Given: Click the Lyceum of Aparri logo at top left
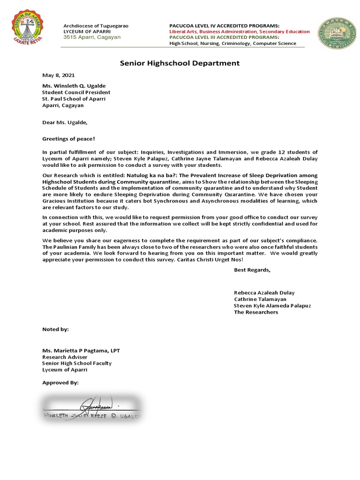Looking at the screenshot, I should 30,30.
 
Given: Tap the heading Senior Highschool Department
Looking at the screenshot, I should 180,63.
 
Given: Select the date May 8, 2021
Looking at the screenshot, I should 59,75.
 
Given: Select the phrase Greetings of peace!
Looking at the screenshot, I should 68,139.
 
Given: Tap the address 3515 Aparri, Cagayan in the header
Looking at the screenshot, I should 92,37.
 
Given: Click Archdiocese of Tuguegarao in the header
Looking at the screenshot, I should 96,25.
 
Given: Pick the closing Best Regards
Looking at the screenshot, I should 252,270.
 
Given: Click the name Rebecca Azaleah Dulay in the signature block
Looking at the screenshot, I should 265,292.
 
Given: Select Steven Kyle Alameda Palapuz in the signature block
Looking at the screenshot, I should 273,306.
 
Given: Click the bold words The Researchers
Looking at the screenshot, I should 256,312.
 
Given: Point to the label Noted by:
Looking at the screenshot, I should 55,329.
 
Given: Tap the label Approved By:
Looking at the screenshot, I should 60,382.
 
